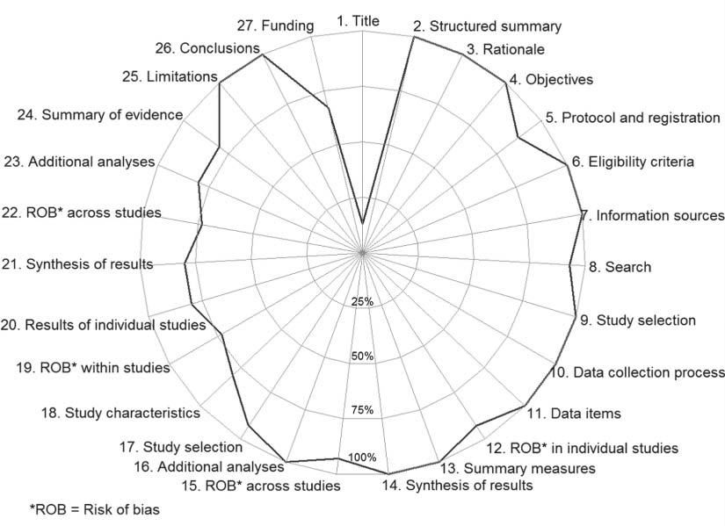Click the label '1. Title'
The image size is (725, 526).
362,20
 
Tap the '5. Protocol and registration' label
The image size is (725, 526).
633,118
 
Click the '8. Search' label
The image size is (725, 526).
620,266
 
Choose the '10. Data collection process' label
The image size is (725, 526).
638,372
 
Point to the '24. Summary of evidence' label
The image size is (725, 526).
100,115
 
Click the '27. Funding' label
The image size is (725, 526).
276,25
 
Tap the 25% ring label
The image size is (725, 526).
362,302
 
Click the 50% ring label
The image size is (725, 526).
362,357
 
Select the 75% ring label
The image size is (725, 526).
362,410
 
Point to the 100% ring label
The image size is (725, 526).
362,457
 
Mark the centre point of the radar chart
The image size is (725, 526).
362,253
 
